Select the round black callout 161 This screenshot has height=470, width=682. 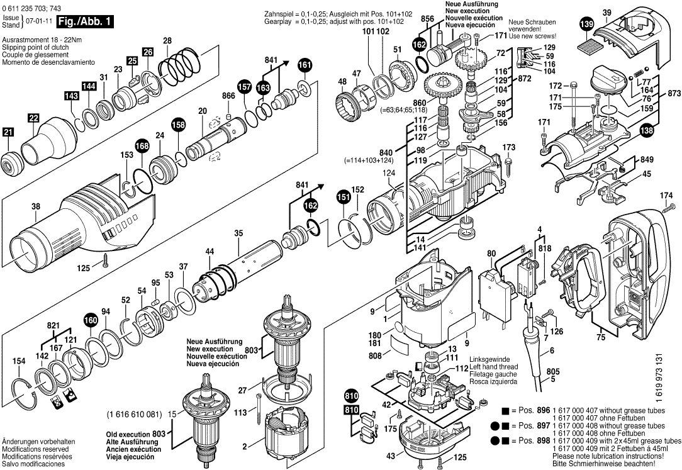305,65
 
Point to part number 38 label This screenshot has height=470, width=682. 35,206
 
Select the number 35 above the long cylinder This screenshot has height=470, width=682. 238,233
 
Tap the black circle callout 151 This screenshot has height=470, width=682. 343,197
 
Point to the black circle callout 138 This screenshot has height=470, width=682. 646,130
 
